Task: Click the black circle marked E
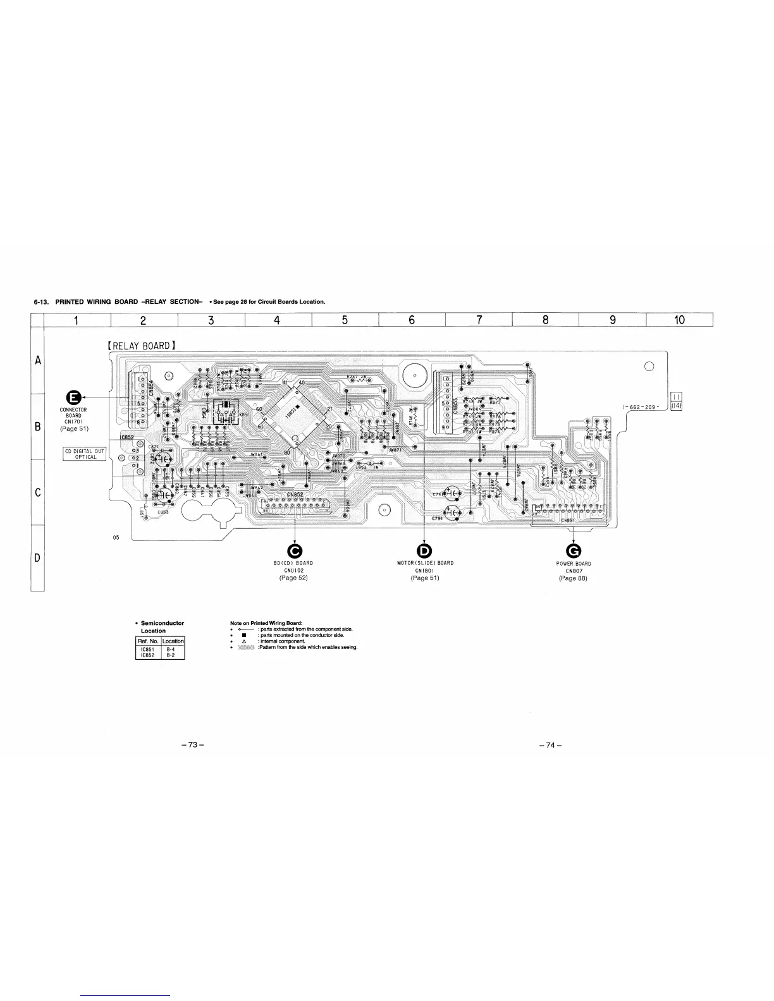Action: (73, 397)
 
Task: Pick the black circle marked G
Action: (573, 550)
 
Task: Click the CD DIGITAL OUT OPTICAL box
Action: (85, 454)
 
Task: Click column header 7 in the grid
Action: (479, 320)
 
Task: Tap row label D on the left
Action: (37, 558)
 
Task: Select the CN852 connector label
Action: (295, 494)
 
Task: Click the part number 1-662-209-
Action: (641, 406)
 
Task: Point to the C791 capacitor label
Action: (437, 518)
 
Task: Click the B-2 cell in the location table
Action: (173, 655)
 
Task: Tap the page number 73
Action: (192, 745)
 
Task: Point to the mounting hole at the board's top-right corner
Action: (648, 367)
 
